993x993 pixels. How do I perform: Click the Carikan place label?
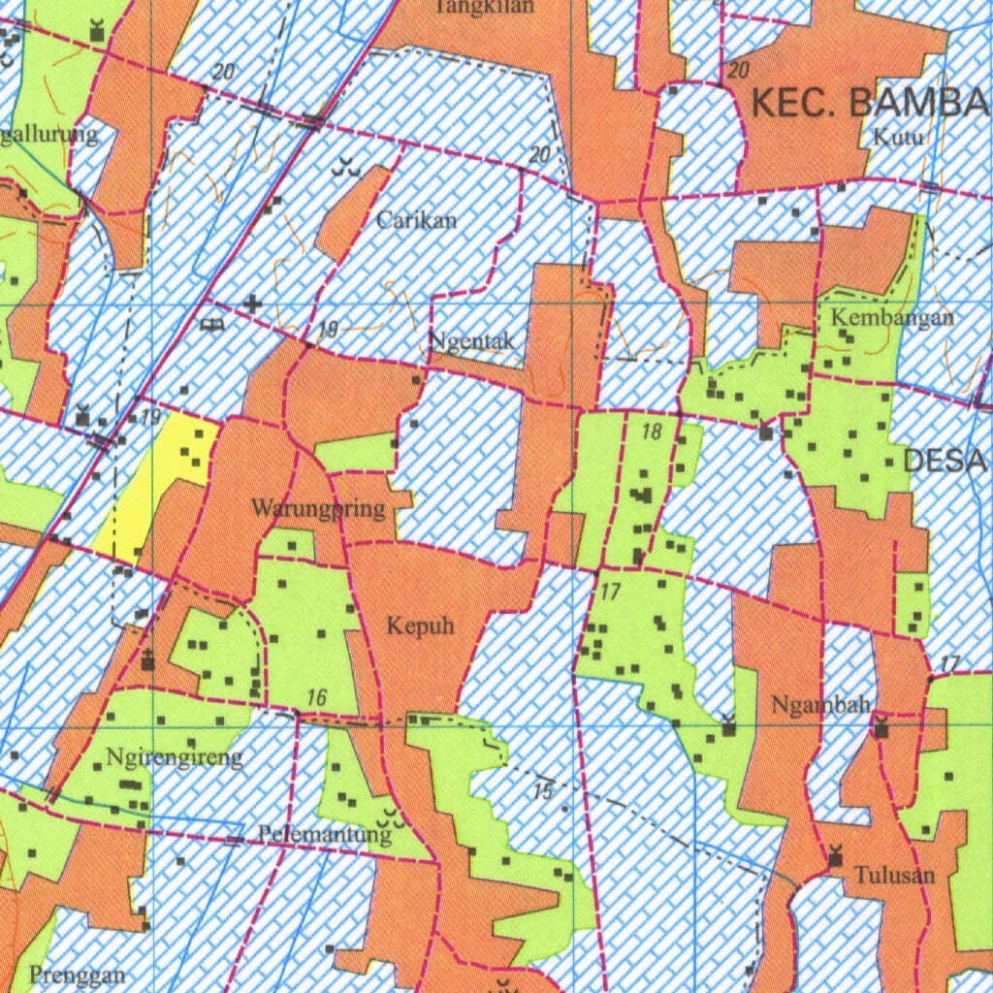416,220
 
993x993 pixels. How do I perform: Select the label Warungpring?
318,508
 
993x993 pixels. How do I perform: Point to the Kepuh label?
420,626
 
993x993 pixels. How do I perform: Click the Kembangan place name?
892,317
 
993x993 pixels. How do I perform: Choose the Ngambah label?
820,705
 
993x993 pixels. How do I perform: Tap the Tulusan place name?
894,876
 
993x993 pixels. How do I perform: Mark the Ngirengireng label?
176,757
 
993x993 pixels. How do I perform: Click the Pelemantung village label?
325,833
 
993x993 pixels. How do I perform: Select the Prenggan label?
78,975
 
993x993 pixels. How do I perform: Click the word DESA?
945,462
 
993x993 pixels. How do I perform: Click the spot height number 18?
652,432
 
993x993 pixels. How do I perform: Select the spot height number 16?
316,697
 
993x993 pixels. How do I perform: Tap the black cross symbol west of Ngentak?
252,304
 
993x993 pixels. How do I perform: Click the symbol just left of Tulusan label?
836,855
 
